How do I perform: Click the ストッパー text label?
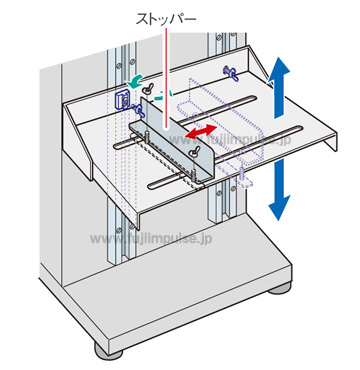point(166,19)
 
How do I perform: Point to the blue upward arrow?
point(279,88)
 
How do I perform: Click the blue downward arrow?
point(279,189)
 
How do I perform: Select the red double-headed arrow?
point(201,131)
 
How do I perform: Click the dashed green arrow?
point(163,96)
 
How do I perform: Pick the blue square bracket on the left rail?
point(121,100)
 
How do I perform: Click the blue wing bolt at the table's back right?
point(232,74)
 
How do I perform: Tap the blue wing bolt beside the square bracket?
point(137,109)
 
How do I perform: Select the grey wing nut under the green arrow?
point(146,89)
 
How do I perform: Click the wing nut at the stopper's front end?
point(193,151)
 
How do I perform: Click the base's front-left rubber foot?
point(109,351)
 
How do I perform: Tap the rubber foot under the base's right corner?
point(280,287)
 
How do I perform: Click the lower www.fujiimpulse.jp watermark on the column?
point(151,238)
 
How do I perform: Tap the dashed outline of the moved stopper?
point(221,122)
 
